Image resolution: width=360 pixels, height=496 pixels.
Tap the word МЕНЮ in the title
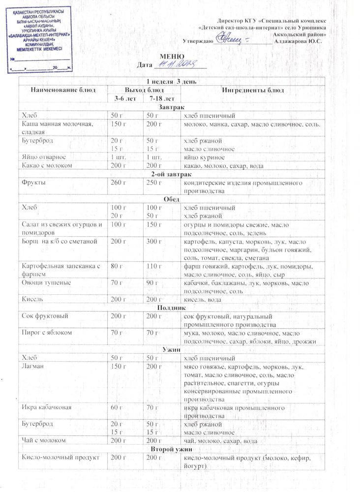(172, 57)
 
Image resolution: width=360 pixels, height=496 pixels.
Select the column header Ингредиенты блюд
(253, 90)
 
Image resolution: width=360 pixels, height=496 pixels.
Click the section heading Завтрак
(172, 107)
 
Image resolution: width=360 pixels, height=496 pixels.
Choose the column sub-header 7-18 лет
(158, 99)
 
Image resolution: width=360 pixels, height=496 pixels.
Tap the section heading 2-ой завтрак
(172, 174)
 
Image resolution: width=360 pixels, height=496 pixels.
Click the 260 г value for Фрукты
(118, 183)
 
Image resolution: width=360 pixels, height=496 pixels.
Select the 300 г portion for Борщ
(153, 242)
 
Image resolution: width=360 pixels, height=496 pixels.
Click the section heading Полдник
(172, 308)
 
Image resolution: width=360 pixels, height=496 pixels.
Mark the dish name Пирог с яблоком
(47, 333)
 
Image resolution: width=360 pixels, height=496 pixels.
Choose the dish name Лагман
(33, 367)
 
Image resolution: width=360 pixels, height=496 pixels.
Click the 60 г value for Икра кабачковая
(116, 408)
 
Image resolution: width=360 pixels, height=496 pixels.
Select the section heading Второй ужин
(172, 449)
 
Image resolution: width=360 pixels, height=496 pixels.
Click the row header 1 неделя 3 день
(172, 81)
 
